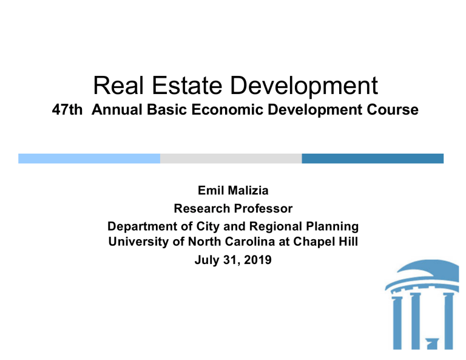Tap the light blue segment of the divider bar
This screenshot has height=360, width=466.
tap(89, 158)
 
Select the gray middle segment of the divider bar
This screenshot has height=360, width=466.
tap(231, 158)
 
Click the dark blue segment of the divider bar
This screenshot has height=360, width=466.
tap(373, 158)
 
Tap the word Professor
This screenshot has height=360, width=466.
tap(262, 209)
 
